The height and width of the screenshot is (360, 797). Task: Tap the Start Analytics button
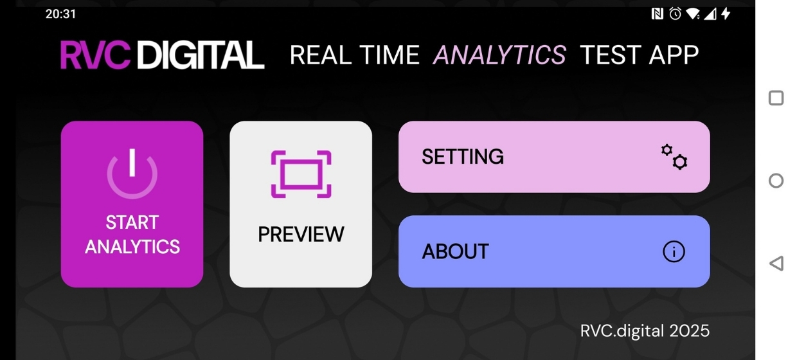tap(132, 204)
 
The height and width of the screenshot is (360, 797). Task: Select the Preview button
tap(301, 204)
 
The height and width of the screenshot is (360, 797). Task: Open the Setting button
tap(554, 157)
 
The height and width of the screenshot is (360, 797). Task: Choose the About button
tap(554, 251)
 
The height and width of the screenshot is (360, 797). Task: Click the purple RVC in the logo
tap(95, 55)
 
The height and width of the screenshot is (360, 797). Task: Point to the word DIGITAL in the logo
tap(201, 55)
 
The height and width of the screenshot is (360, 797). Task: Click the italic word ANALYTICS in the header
tap(499, 55)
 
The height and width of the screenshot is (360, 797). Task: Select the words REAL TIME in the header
tap(355, 55)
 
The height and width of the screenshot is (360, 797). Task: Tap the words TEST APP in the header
tap(640, 55)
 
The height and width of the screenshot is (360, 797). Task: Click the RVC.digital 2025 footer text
tap(645, 331)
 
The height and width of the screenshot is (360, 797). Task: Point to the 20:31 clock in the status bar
tap(60, 14)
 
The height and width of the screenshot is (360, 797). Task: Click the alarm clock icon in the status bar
tap(675, 14)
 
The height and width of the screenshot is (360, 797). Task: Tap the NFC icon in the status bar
tap(657, 14)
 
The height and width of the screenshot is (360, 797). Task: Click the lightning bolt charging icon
tap(726, 14)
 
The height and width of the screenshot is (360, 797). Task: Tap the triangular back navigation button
tap(776, 264)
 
